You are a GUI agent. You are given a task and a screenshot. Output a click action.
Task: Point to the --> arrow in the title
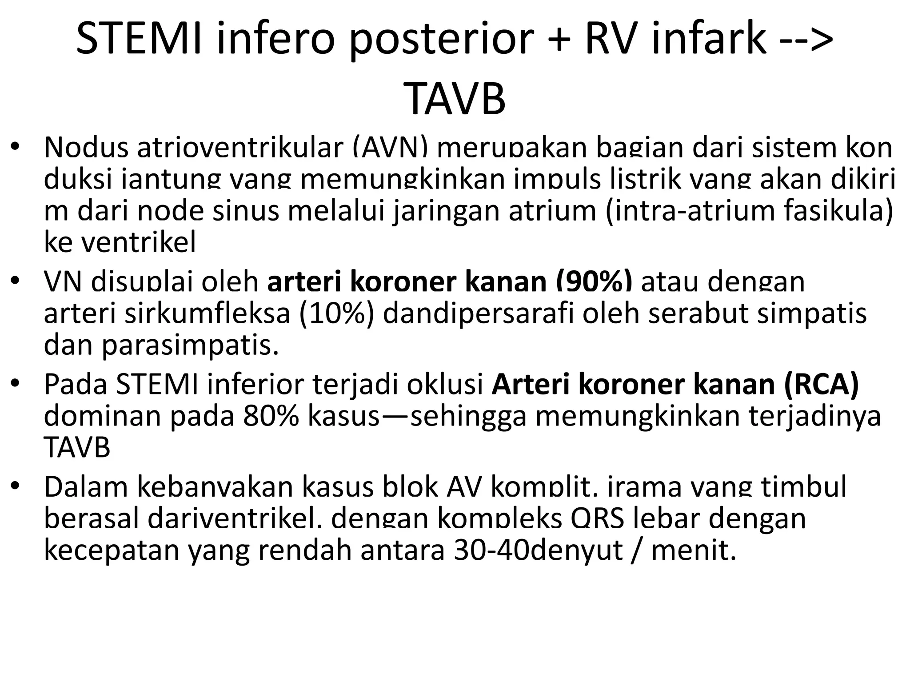click(806, 39)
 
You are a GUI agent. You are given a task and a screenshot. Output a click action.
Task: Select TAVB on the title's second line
click(455, 99)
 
